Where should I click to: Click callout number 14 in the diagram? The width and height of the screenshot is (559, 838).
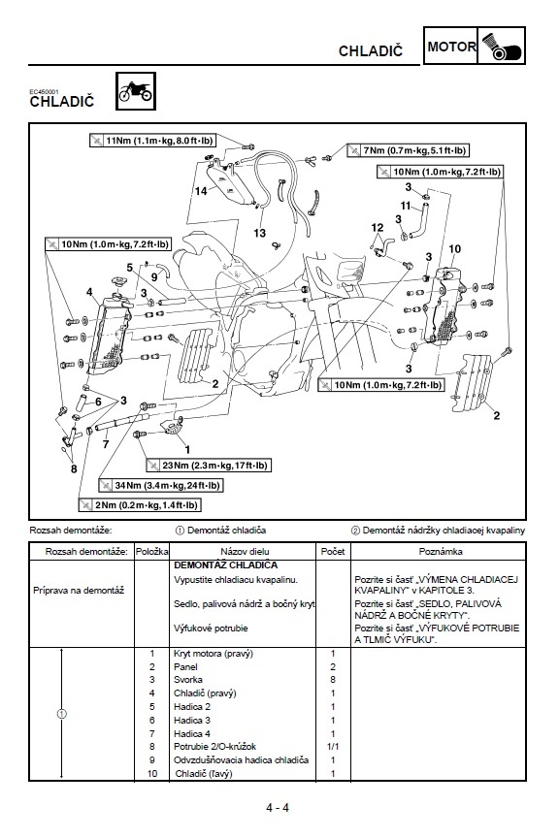[201, 191]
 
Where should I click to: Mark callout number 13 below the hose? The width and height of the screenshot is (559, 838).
[259, 234]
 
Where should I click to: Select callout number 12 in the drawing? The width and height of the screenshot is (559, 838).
[378, 228]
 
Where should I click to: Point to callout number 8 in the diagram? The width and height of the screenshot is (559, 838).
[73, 468]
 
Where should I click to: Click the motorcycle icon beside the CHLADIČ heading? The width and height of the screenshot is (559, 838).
[131, 91]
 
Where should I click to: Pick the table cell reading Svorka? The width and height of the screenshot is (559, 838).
[187, 680]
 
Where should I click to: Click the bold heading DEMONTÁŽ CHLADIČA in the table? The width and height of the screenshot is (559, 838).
[225, 564]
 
